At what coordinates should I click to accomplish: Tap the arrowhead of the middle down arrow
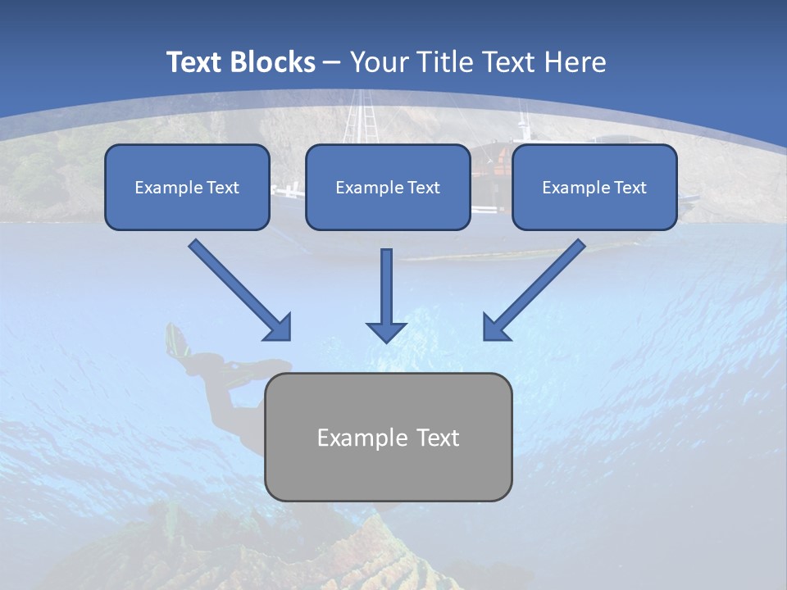click(x=386, y=331)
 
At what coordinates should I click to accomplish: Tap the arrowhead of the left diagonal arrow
click(x=279, y=328)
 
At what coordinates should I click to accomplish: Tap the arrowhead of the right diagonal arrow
click(x=495, y=328)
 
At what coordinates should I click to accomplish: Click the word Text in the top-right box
click(x=630, y=188)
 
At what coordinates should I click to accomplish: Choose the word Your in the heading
click(x=378, y=61)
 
